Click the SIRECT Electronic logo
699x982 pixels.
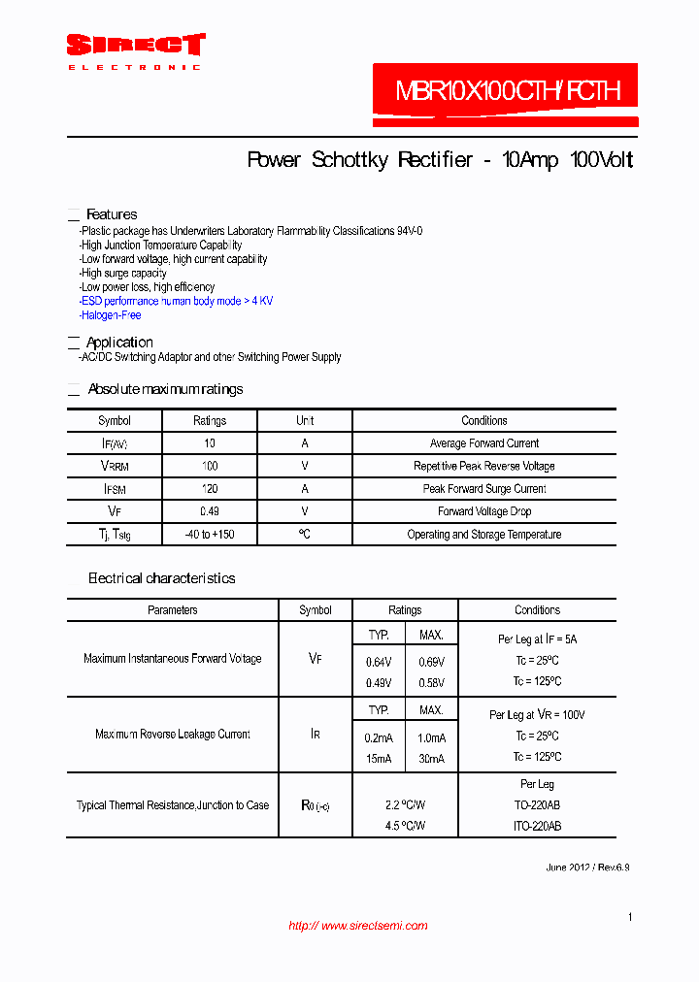point(135,50)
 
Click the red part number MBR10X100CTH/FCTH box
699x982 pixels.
point(506,93)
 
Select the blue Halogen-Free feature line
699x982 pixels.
point(111,315)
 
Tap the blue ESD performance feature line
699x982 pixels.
point(177,301)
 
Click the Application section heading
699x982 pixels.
point(119,343)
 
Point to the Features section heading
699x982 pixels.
point(112,214)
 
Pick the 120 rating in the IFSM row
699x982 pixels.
point(210,489)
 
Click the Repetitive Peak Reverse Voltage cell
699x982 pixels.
point(483,467)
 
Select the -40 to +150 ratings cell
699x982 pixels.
point(210,535)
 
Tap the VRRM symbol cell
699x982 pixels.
point(115,467)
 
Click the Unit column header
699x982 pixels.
point(305,421)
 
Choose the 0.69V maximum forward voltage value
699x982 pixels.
point(431,662)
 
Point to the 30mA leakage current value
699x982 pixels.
point(431,759)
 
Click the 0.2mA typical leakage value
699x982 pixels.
point(379,738)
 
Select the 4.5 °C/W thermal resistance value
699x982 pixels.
point(405,826)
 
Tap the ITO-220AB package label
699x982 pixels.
point(537,826)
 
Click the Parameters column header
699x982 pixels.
point(173,610)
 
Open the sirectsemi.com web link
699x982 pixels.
point(358,926)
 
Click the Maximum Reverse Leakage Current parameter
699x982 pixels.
point(173,735)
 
